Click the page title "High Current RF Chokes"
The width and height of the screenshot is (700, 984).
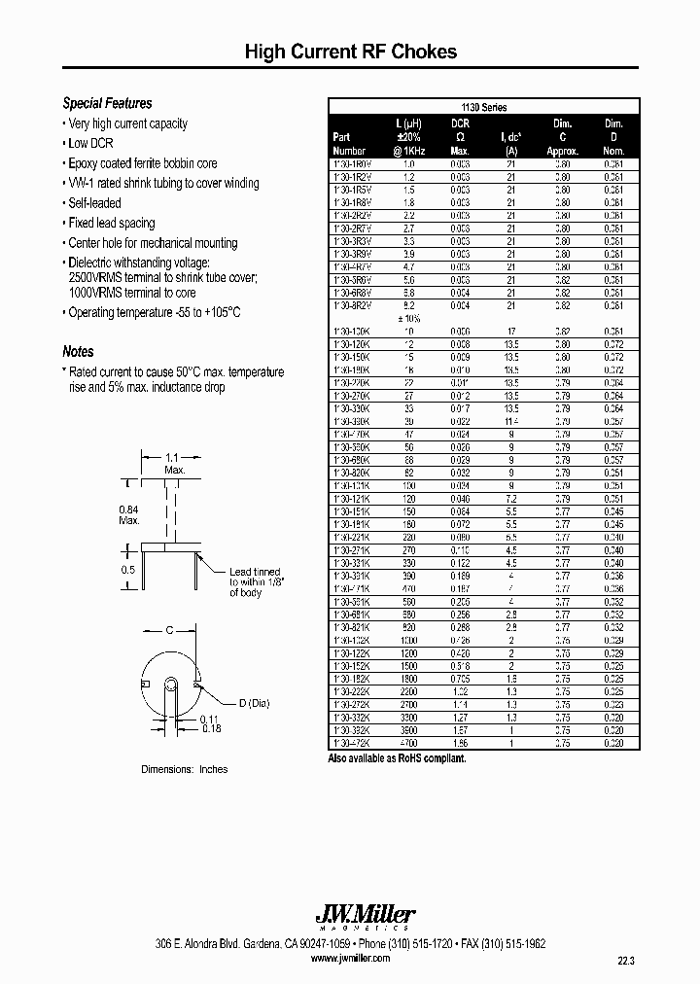tap(350, 52)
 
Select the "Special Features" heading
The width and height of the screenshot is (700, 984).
tap(107, 103)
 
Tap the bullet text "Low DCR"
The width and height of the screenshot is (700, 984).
tap(91, 143)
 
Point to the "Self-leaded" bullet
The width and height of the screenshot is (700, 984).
tap(94, 203)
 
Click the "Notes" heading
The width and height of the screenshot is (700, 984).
tap(78, 352)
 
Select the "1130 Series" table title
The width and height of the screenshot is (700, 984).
tap(482, 108)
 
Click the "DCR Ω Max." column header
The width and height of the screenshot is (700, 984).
tap(460, 137)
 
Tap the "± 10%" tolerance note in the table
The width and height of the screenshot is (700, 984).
tap(410, 318)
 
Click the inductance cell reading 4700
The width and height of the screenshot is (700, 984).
tap(409, 743)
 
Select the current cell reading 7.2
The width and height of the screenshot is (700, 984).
tap(511, 497)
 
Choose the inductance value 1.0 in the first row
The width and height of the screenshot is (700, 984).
tap(409, 164)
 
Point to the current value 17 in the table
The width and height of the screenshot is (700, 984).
tap(511, 331)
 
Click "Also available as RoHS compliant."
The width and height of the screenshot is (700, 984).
tap(398, 757)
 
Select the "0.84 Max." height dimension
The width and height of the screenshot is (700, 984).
tap(129, 514)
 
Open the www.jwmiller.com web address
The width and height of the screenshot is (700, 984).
tap(350, 958)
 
